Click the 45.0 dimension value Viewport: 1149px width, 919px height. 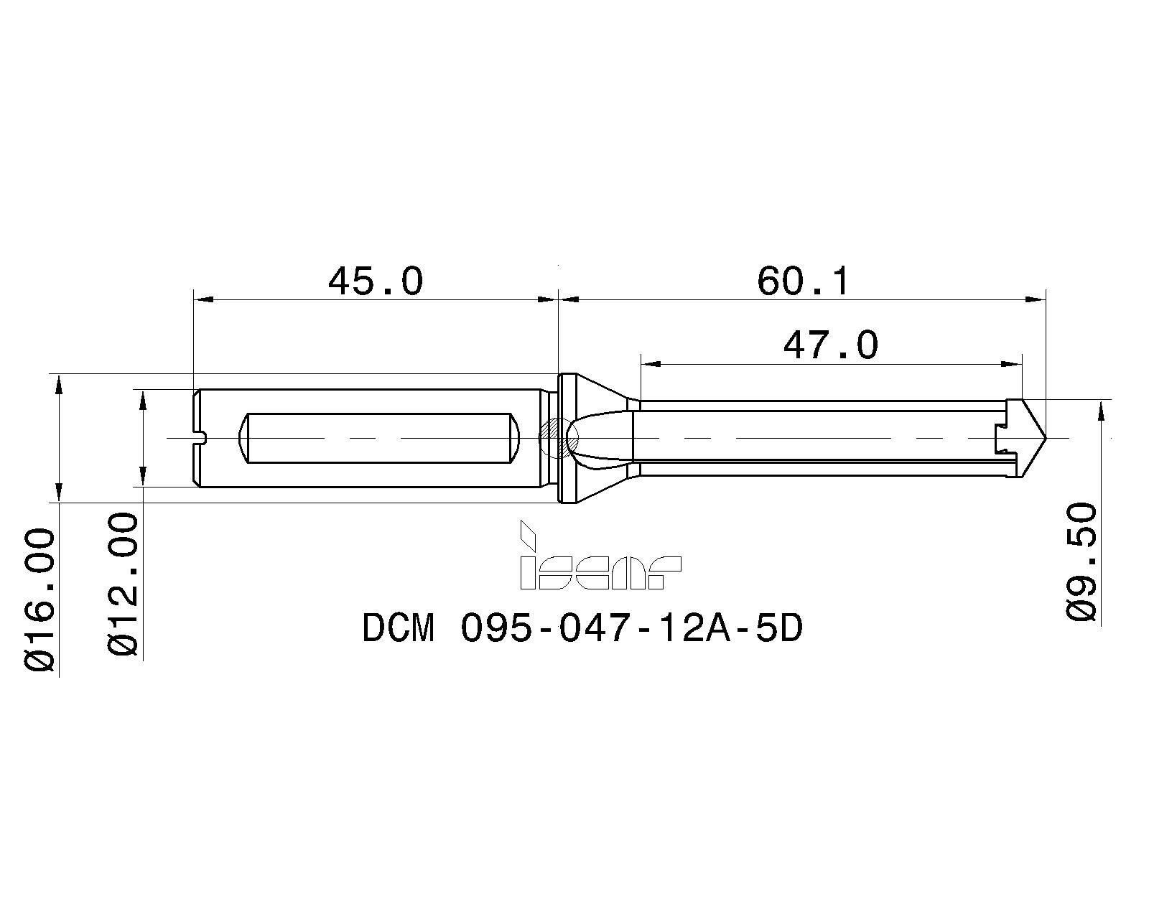pos(376,281)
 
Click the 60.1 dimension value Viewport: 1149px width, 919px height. pos(803,281)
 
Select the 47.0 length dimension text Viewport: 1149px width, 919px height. pos(830,345)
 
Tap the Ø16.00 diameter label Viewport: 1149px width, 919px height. pos(40,600)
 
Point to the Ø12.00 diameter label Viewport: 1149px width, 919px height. pos(124,583)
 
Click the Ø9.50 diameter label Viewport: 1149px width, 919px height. pos(1082,561)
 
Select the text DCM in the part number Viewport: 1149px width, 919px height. pos(399,629)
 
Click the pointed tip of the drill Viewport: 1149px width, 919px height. pos(1043,437)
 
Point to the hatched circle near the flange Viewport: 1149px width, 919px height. pos(552,437)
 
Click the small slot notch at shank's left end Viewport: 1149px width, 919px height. pos(200,437)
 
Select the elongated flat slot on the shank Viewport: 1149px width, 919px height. pos(378,437)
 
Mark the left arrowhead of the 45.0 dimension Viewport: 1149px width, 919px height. pos(202,299)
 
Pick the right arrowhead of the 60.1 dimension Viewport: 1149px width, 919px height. pos(1036,299)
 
